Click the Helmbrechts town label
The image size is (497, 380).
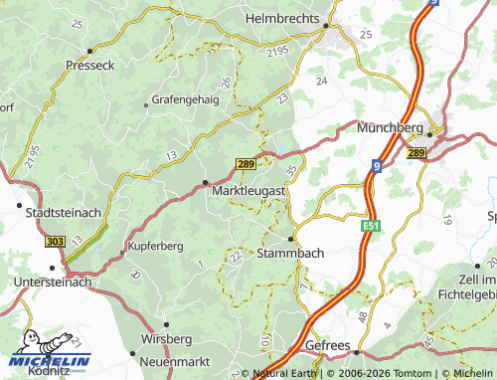(283, 18)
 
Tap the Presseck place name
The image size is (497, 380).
(90, 65)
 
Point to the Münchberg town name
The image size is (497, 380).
(390, 128)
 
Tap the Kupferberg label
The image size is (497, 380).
(157, 245)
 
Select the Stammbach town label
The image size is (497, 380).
(290, 254)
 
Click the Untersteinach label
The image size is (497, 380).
(53, 283)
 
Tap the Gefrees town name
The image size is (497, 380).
(328, 345)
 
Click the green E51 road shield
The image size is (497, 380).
(371, 228)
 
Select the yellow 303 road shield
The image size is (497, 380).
(56, 241)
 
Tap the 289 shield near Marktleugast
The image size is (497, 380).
(247, 163)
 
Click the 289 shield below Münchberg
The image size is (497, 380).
(415, 152)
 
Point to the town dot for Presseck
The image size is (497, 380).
(89, 50)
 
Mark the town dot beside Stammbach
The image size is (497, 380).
(290, 239)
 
